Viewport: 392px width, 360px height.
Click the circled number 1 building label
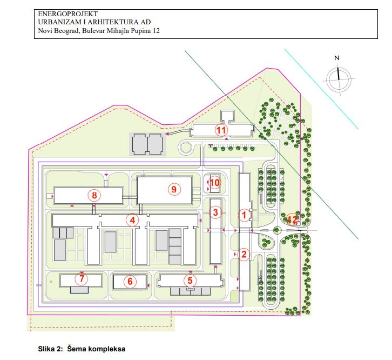pos(244,215)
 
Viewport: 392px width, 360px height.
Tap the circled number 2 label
pos(244,254)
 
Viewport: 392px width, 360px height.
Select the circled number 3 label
pos(215,212)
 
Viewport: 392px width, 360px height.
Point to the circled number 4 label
pos(132,221)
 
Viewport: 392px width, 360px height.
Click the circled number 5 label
pos(190,281)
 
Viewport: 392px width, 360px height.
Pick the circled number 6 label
pos(130,281)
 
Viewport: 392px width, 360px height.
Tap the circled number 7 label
pos(82,278)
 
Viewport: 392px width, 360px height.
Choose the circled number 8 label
pos(94,195)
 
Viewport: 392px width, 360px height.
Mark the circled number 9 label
pos(174,189)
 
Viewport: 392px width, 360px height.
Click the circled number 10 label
pos(214,183)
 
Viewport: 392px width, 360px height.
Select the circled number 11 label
pos(221,130)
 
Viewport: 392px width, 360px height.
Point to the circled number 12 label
pos(292,219)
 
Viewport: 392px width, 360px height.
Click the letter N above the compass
pos(337,58)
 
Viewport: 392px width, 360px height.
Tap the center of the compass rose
pos(339,79)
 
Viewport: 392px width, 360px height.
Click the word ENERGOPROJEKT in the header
pos(67,14)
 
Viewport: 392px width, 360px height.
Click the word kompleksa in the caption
pos(108,349)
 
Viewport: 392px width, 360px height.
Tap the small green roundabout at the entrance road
pos(277,230)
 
